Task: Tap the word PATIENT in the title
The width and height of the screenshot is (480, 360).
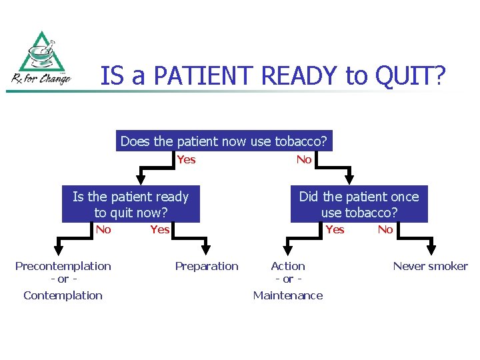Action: pos(203,76)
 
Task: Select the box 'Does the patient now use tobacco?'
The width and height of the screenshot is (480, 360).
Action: pos(223,141)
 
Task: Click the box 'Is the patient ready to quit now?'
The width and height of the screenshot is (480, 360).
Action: pos(131,205)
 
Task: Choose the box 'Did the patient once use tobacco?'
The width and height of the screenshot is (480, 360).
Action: pos(359,205)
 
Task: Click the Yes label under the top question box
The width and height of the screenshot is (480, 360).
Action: pos(187,159)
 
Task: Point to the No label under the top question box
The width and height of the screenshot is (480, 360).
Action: pos(304,159)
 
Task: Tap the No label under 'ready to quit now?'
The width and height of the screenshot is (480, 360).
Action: pos(103,229)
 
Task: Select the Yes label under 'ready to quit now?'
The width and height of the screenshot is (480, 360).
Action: pos(160,229)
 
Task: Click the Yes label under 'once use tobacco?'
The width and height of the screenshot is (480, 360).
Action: pos(335,229)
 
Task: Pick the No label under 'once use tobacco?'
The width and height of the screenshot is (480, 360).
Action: pos(385,229)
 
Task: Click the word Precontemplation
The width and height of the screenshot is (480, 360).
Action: pos(63,266)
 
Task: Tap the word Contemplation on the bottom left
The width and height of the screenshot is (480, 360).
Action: pos(63,295)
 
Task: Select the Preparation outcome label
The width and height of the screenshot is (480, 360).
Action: pos(207,266)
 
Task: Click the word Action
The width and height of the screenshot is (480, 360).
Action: pos(288,266)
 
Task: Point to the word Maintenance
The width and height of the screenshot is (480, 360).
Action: pos(288,295)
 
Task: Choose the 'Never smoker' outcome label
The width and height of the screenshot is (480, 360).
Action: pos(430,266)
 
